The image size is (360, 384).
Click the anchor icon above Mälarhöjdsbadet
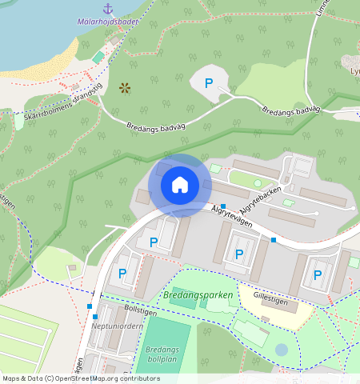pyautogui.click(x=107, y=9)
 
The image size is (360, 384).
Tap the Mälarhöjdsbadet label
pyautogui.click(x=108, y=22)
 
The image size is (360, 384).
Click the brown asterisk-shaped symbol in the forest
pyautogui.click(x=124, y=88)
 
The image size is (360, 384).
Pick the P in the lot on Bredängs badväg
pyautogui.click(x=210, y=83)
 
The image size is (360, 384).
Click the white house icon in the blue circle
pyautogui.click(x=180, y=186)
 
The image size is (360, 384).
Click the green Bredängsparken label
pyautogui.click(x=197, y=295)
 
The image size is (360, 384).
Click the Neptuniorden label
pyautogui.click(x=117, y=326)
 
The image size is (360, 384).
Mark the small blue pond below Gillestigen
pyautogui.click(x=281, y=350)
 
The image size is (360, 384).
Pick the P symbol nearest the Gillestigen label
pyautogui.click(x=318, y=275)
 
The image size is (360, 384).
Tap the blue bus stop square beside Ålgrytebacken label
pyautogui.click(x=223, y=206)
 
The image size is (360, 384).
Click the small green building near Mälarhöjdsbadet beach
pyautogui.click(x=98, y=58)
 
